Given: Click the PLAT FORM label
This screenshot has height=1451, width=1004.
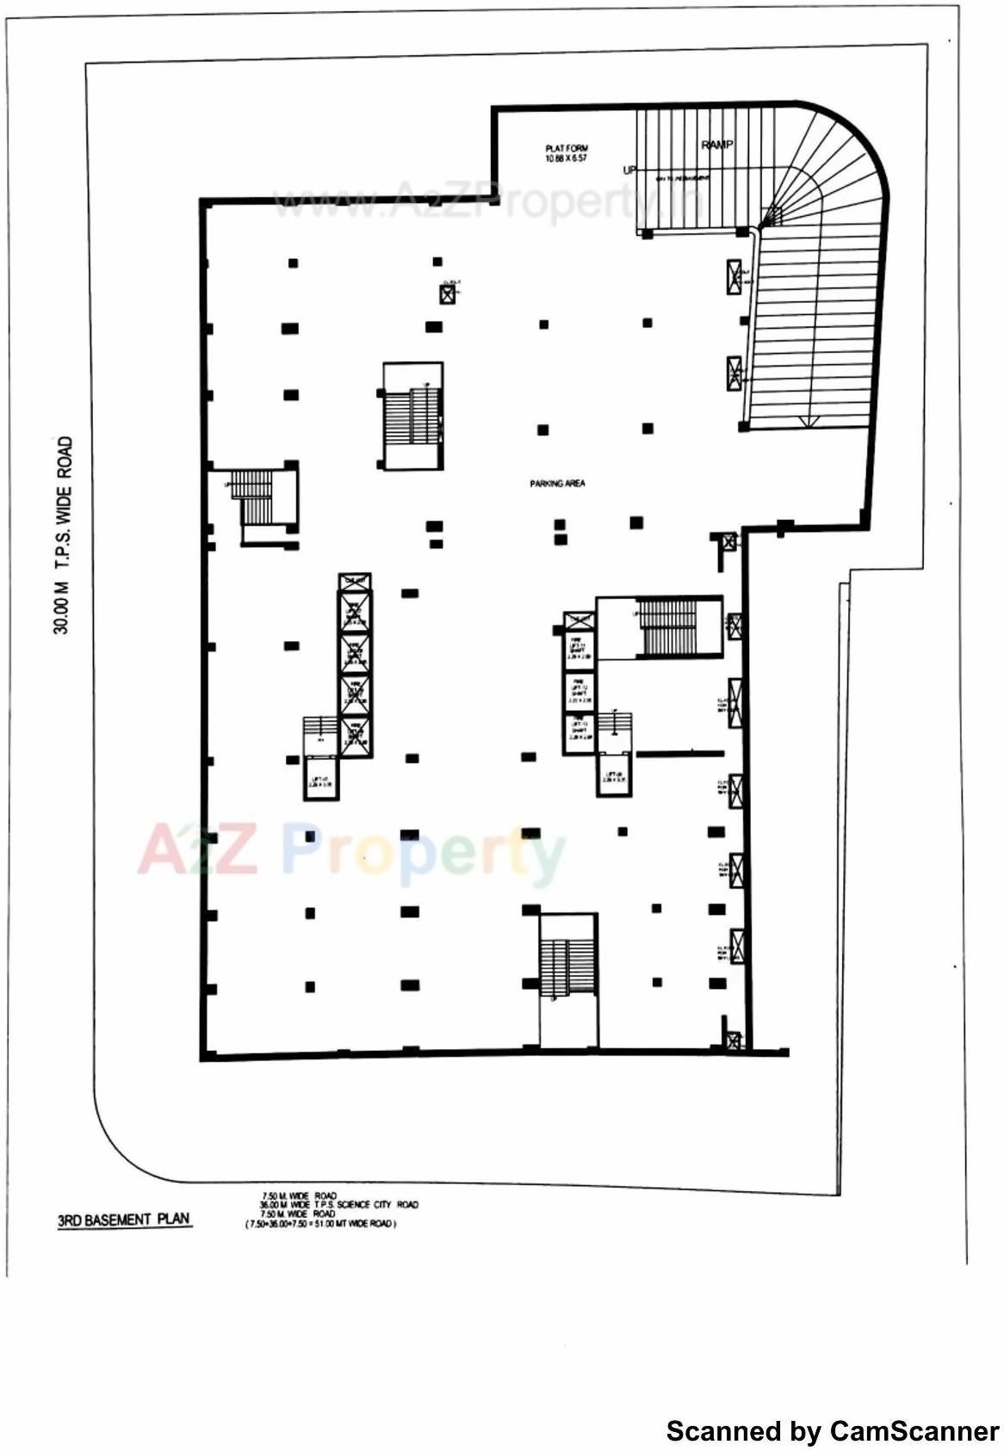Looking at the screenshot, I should point(566,148).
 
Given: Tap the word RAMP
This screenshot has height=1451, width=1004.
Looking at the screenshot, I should point(716,145).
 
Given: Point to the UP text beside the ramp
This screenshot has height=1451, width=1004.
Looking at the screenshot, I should point(629,170).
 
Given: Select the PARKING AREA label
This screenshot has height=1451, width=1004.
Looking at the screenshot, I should point(557,484).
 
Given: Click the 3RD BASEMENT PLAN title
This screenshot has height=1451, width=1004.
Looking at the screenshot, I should point(123,1219).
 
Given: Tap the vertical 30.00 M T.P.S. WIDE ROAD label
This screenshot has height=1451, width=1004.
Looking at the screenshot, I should point(63,535).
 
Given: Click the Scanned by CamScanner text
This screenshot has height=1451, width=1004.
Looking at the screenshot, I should point(832,1431).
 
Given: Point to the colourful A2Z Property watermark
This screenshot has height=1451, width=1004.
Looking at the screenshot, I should point(351,851).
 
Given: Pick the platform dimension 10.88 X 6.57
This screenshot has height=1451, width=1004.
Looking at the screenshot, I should point(566,158).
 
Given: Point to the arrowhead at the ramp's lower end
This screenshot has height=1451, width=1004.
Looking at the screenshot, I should point(807,421).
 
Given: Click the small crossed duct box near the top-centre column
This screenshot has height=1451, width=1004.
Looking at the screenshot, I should point(447,294).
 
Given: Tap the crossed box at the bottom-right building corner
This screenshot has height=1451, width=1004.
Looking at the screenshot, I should point(733,1041).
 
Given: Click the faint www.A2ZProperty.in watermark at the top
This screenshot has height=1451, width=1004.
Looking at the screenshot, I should point(487,202).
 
